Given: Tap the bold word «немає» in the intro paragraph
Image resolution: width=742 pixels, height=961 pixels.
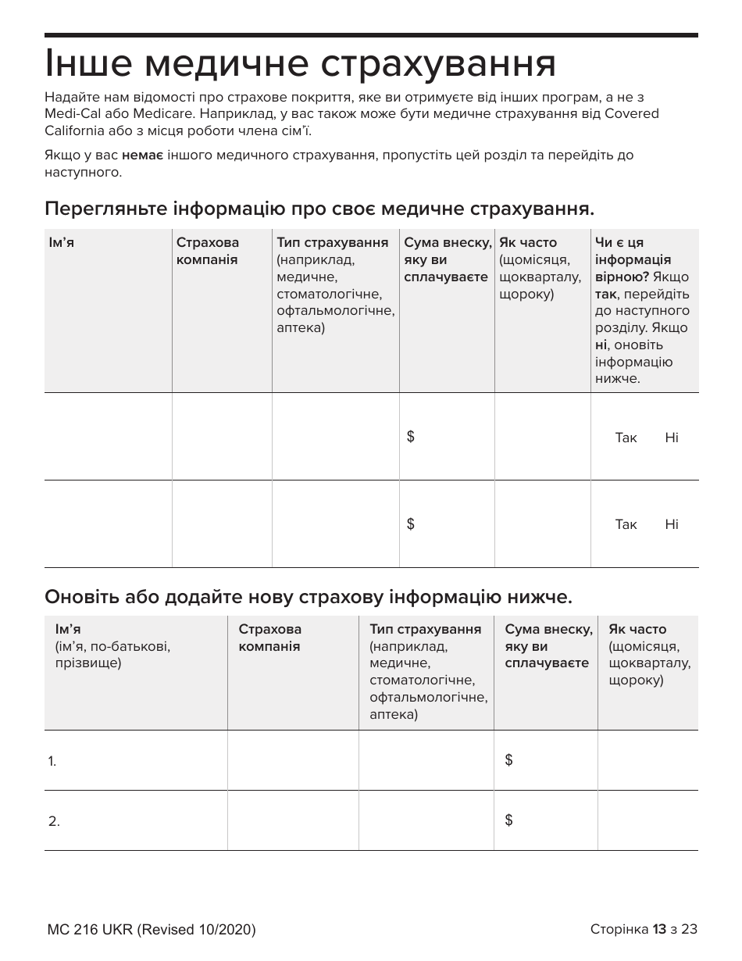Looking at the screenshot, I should point(142,155).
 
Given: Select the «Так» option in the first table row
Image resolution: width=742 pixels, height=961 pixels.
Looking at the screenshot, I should point(626,438).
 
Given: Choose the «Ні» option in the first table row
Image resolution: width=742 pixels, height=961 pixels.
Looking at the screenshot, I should point(672,438).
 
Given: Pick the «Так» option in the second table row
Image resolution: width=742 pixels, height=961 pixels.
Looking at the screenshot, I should point(626,524).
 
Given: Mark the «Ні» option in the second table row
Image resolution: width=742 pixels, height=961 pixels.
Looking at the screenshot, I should point(672,524).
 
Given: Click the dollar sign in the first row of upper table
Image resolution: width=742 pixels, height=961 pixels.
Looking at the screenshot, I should point(411,437).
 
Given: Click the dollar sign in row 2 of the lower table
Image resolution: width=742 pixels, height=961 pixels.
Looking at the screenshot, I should point(509,820).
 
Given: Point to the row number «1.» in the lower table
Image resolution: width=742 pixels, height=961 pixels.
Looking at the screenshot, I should point(52,761).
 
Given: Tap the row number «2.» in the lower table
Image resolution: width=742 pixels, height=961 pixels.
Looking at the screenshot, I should point(53,821).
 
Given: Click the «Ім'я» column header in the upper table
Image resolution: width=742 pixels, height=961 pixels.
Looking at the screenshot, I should point(61,243).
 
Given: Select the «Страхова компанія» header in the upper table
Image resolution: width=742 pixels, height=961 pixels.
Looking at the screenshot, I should point(208,251).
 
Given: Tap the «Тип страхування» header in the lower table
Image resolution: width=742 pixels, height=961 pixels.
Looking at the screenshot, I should point(425,630).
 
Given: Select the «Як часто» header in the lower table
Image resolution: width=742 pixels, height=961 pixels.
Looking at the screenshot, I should point(637,630).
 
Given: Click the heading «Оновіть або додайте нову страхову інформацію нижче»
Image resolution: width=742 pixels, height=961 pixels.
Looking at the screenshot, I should point(309,598).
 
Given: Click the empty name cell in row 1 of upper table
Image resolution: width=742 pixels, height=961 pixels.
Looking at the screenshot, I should point(108,437).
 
